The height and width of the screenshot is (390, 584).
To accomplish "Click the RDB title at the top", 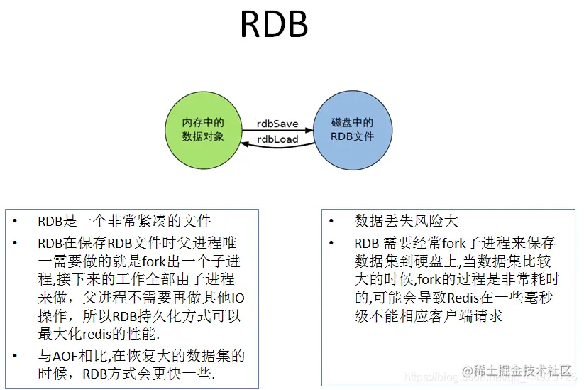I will (x=274, y=26).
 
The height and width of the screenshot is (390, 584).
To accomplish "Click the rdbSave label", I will (x=277, y=124).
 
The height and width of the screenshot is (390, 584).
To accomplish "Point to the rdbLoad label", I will (x=277, y=139).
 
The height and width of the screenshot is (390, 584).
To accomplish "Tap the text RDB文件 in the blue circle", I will (x=353, y=136).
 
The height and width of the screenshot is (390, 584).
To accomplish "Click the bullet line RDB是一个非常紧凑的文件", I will (x=124, y=221).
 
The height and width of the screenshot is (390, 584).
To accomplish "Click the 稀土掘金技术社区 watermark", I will (x=517, y=371).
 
